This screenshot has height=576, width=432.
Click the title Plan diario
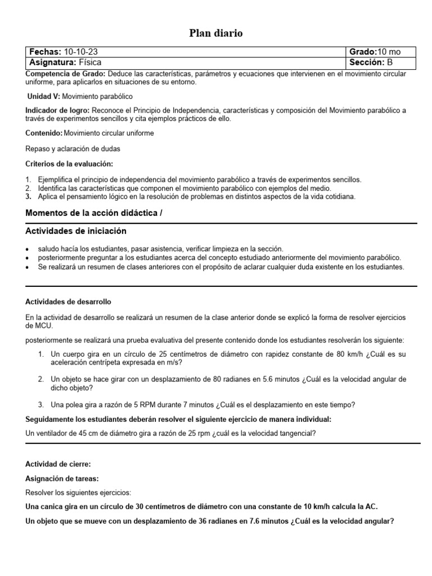coord(215,34)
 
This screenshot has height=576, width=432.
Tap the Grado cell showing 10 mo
coord(382,52)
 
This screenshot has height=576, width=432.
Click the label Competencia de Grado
coord(65,74)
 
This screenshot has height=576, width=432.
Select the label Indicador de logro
coord(57,110)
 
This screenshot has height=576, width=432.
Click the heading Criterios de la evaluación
coord(69,164)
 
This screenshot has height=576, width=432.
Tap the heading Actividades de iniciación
coord(76,231)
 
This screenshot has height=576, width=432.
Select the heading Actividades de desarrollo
coord(72,302)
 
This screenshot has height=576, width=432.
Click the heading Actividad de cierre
coord(58,464)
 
